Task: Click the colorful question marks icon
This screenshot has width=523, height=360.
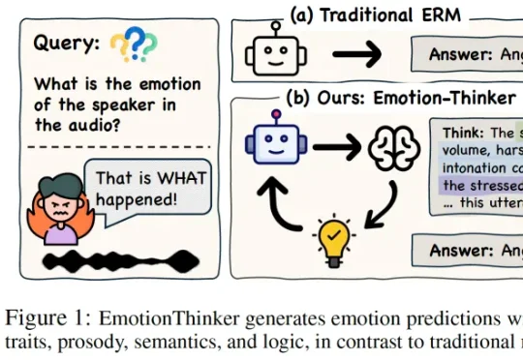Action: point(133,44)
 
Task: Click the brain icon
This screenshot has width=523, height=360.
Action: point(391,145)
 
